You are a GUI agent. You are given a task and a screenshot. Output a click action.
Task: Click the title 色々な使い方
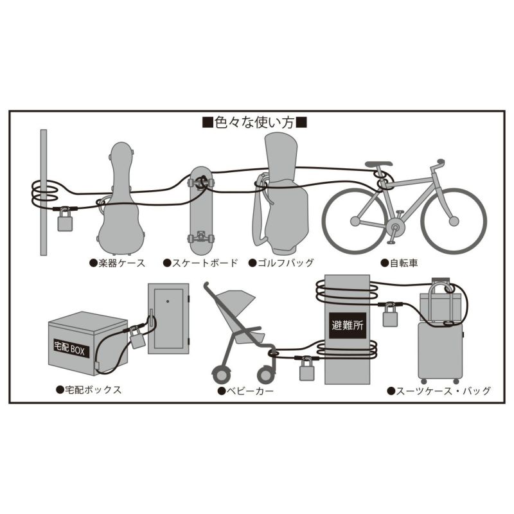[254, 123]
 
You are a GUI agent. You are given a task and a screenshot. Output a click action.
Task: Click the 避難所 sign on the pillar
[348, 325]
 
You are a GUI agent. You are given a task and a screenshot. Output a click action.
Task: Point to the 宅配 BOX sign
[69, 349]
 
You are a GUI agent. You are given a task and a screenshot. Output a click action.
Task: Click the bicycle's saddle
[378, 164]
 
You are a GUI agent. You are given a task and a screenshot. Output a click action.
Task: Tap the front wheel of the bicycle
[454, 221]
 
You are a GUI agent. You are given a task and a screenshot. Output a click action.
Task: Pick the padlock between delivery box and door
[137, 338]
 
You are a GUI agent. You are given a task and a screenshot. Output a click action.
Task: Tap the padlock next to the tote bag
[390, 315]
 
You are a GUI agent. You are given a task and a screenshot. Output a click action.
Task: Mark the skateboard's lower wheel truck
[200, 237]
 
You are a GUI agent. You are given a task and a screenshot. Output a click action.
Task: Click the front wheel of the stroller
[266, 375]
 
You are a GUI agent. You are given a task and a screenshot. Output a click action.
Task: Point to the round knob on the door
[168, 301]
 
